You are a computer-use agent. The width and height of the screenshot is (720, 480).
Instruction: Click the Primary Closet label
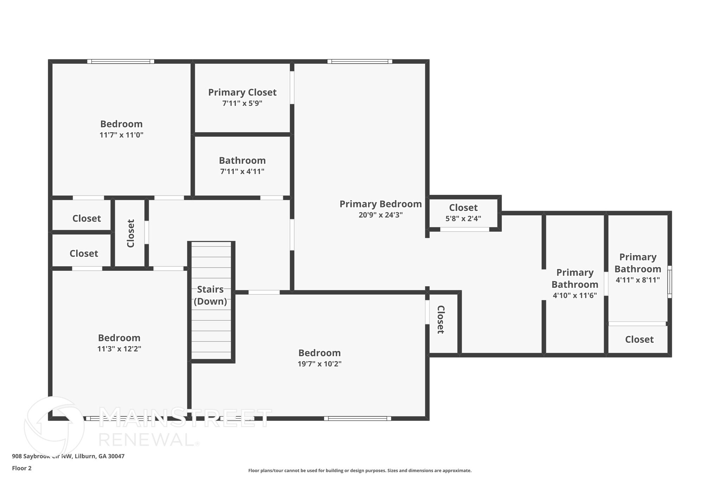(242, 92)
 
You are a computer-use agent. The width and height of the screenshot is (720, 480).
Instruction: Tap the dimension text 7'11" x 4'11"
(242, 172)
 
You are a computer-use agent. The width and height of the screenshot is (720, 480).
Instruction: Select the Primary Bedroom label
(380, 204)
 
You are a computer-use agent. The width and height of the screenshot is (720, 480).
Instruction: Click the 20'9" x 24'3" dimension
(380, 215)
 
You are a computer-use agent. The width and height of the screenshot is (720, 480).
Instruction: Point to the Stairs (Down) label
(210, 295)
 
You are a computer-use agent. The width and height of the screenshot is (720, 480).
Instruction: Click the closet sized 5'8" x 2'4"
(463, 213)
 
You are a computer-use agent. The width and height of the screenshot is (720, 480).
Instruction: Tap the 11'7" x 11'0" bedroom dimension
(121, 135)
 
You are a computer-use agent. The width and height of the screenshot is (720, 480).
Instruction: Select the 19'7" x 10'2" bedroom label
(319, 353)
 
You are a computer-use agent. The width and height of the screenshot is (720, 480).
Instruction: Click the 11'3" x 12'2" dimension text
(119, 349)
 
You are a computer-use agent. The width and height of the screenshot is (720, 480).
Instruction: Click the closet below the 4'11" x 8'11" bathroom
(639, 339)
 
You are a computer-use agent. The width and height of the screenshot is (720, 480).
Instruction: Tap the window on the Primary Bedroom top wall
(360, 62)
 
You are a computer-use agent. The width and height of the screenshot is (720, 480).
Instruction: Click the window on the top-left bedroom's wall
(121, 62)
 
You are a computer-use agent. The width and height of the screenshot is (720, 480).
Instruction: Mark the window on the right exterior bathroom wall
(669, 282)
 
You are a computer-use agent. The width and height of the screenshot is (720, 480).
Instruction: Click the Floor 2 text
(22, 468)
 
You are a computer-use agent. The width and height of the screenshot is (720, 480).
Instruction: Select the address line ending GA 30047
(68, 456)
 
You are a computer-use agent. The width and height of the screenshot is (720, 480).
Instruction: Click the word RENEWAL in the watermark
(146, 440)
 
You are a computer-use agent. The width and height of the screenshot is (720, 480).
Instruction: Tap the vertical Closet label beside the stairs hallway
(130, 233)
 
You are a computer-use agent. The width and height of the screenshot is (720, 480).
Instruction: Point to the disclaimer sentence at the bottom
(360, 471)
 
